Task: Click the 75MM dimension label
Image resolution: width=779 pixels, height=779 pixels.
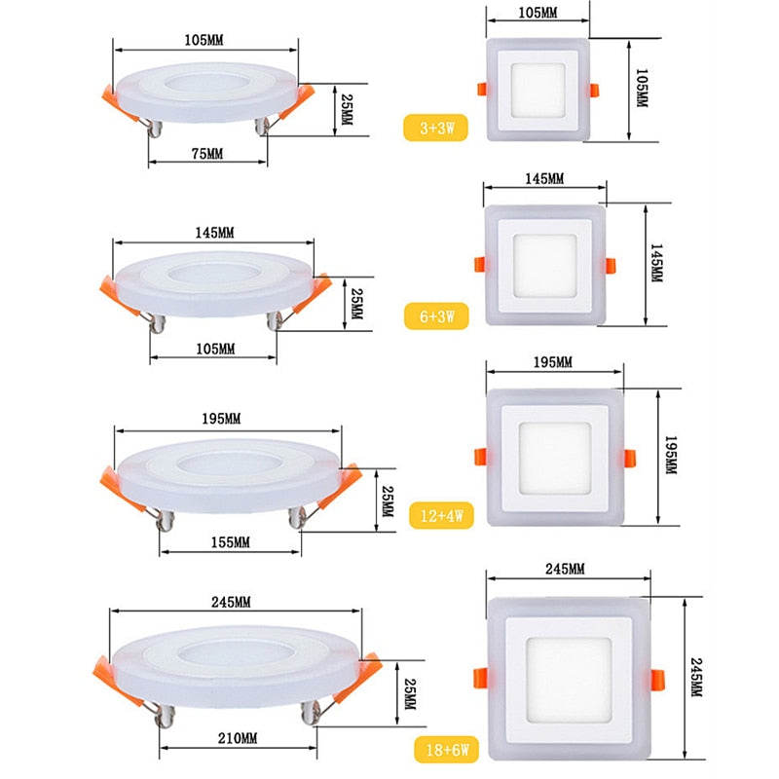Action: (206, 154)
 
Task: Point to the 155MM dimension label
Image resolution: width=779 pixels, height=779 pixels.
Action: (230, 541)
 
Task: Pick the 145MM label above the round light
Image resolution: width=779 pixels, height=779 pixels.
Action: (213, 234)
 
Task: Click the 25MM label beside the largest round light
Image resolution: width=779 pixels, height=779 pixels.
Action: (409, 694)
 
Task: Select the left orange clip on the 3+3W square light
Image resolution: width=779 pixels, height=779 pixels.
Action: (481, 89)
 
